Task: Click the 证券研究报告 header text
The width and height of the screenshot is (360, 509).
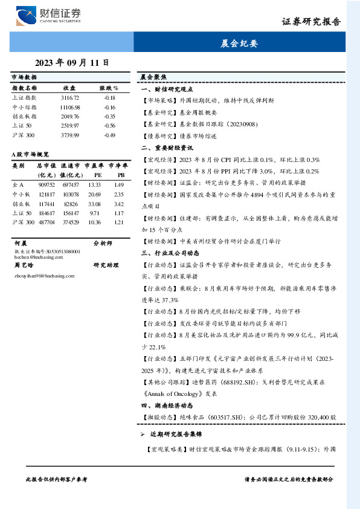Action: tap(311, 22)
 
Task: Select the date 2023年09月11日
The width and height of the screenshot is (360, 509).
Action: tap(72, 62)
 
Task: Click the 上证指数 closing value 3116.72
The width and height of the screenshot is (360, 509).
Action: tap(70, 97)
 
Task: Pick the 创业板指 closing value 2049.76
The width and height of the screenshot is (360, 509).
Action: tap(70, 116)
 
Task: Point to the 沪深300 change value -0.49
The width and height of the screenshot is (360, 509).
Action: tap(109, 135)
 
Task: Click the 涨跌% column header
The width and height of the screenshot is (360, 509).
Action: tap(109, 88)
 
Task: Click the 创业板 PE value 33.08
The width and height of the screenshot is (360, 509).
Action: tap(94, 203)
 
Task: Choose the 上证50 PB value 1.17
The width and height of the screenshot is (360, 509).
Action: tap(118, 213)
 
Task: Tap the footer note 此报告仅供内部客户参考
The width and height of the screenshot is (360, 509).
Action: tap(57, 479)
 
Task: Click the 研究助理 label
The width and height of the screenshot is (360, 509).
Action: tap(106, 265)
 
